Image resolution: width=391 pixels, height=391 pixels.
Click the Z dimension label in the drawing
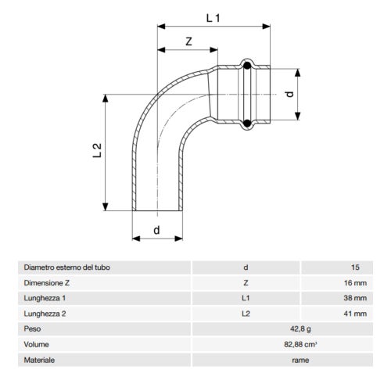(x=190, y=41)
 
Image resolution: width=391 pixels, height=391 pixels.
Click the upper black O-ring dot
(x=247, y=66)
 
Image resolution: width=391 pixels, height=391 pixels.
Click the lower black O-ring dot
(x=247, y=122)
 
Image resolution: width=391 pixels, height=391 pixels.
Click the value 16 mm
(x=345, y=283)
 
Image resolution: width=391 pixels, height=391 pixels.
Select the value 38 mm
(x=345, y=298)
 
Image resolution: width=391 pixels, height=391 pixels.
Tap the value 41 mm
(x=345, y=314)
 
